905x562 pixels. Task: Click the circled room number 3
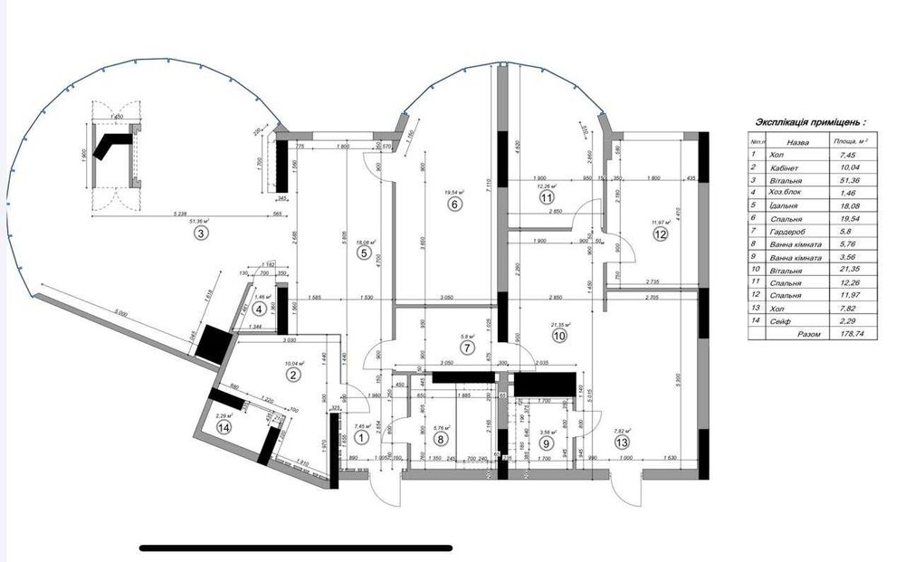click(201, 233)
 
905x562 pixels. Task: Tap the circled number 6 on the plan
click(454, 205)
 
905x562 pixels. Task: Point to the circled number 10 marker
click(558, 335)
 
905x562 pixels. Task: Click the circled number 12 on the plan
click(660, 233)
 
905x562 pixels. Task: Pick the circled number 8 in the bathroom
click(441, 440)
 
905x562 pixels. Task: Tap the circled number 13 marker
click(620, 442)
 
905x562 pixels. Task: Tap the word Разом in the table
click(808, 334)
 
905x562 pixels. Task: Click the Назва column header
click(796, 142)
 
